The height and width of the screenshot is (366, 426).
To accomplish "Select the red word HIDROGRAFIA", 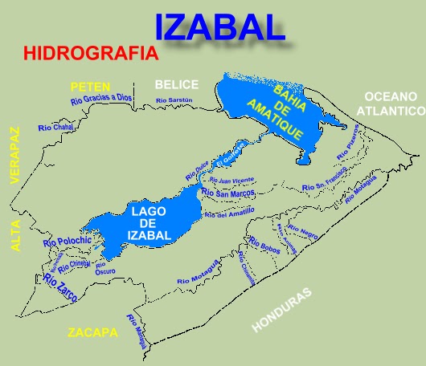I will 91,54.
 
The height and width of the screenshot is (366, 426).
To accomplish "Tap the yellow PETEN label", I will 90,87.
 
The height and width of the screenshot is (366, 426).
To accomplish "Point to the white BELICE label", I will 177,84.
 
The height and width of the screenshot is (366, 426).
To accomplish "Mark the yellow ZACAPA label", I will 92,332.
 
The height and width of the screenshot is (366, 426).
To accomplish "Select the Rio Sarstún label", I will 174,100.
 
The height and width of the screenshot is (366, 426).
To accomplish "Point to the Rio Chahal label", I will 55,128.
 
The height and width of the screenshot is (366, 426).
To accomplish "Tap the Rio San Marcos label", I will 229,193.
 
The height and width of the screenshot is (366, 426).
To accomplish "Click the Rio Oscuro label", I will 104,267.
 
